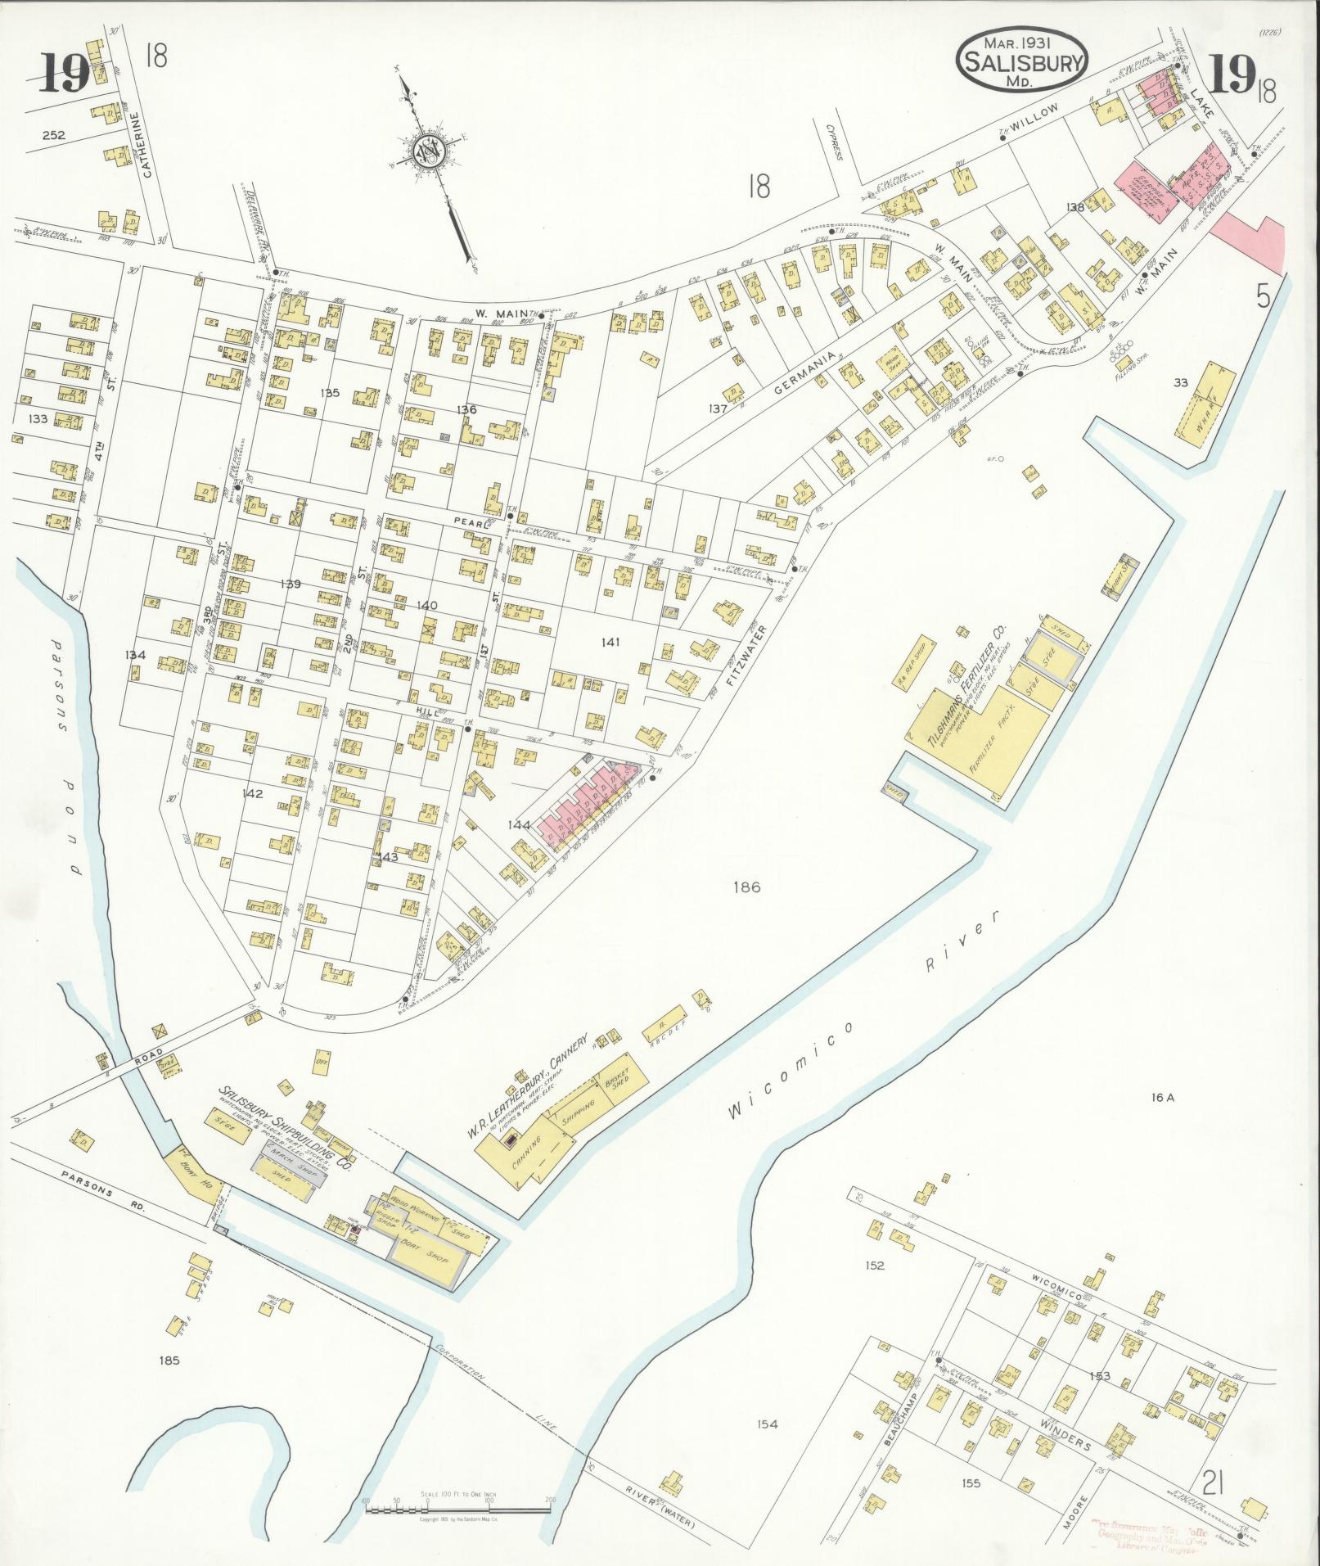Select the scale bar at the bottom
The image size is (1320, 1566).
(457, 1509)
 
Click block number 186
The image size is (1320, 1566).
(747, 887)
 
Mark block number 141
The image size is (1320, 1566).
(610, 643)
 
